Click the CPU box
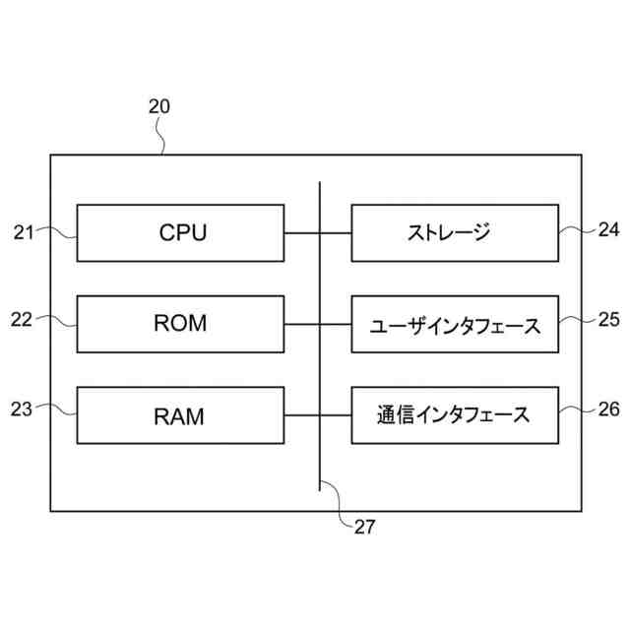pyautogui.click(x=180, y=233)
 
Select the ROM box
pyautogui.click(x=180, y=324)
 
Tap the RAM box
pyautogui.click(x=180, y=415)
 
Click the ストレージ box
pyautogui.click(x=455, y=233)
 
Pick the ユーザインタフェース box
pyautogui.click(x=455, y=324)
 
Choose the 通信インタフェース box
pyautogui.click(x=455, y=415)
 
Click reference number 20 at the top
pyautogui.click(x=159, y=106)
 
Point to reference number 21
pyautogui.click(x=24, y=232)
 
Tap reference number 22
pyautogui.click(x=22, y=320)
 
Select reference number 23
pyautogui.click(x=22, y=409)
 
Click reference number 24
pyautogui.click(x=608, y=229)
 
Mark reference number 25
pyautogui.click(x=608, y=319)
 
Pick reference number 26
pyautogui.click(x=608, y=409)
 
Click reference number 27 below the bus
pyautogui.click(x=365, y=528)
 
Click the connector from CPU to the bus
pyautogui.click(x=302, y=233)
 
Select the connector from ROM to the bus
pyautogui.click(x=302, y=324)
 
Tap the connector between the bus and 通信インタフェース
pyautogui.click(x=336, y=415)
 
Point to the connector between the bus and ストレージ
pyautogui.click(x=336, y=233)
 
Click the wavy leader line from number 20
pyautogui.click(x=162, y=136)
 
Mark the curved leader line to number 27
pyautogui.click(x=339, y=502)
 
